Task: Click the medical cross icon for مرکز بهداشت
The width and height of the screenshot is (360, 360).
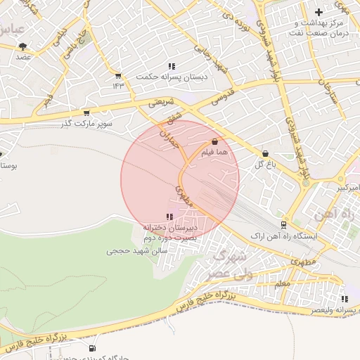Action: click(x=319, y=12)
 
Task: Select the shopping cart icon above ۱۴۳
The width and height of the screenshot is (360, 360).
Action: click(x=118, y=76)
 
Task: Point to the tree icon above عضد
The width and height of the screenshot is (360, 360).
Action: click(x=23, y=46)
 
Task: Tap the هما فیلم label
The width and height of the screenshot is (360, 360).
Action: click(x=214, y=150)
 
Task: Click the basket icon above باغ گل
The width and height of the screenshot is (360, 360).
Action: click(x=265, y=153)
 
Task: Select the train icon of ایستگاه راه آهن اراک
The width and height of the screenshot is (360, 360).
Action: click(x=283, y=226)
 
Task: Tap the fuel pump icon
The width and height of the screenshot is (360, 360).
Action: click(x=92, y=348)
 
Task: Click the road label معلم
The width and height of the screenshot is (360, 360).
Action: click(x=282, y=283)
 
